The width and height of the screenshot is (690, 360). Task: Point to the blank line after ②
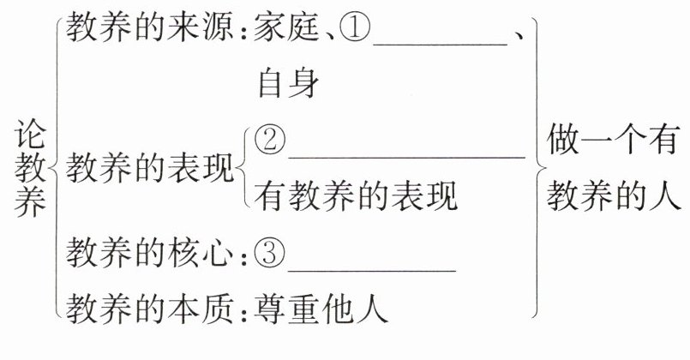[406, 156]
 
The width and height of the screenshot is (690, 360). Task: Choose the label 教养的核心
[150, 254]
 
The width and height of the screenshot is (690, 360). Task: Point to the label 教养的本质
[150, 306]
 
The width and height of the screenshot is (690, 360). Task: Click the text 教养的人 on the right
[615, 196]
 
